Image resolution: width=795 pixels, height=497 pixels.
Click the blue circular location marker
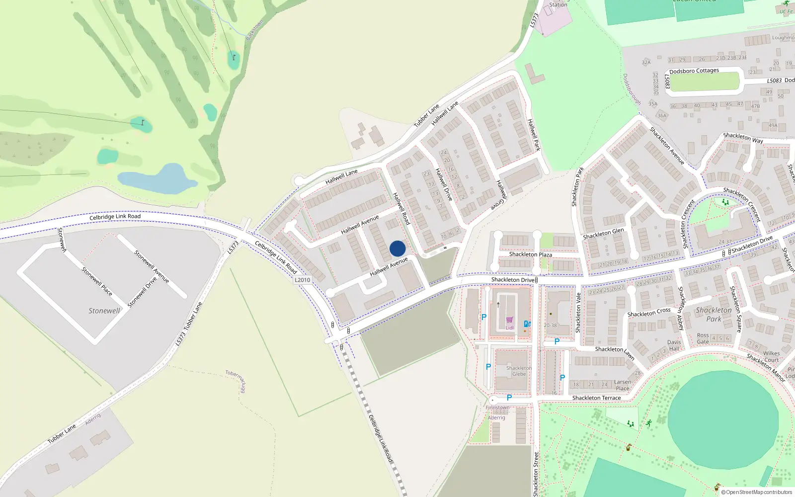pos(397,248)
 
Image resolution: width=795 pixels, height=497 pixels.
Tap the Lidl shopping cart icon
pos(509,320)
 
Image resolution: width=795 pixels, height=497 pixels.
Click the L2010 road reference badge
pos(302,280)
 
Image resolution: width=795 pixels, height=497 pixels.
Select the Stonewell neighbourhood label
pos(104,311)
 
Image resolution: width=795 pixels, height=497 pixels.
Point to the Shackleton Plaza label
pos(530,254)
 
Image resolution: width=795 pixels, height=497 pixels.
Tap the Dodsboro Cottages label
pos(694,71)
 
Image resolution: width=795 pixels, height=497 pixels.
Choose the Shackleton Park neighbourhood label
pos(714,315)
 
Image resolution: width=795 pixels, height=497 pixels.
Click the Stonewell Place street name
pos(96,281)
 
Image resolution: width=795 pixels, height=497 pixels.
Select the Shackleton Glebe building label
pos(519,371)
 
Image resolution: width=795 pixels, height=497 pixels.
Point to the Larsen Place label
pos(623,385)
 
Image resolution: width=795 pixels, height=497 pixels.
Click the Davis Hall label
pos(674,345)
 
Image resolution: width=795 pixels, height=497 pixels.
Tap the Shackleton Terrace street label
pos(596,398)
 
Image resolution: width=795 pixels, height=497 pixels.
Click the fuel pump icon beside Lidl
pos(527,324)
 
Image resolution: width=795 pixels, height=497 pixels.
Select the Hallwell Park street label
pos(534,135)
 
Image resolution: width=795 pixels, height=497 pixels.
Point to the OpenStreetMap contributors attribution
pos(756,492)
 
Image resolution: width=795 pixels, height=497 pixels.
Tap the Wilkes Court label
pos(771,356)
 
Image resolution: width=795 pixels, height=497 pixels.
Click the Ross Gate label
pos(703,338)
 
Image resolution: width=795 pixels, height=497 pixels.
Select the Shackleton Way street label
pos(743,138)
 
